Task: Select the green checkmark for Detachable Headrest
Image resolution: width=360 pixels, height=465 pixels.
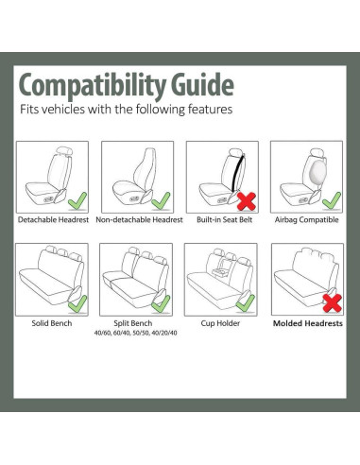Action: pos(77,201)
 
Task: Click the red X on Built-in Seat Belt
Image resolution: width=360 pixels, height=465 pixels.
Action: pos(247,201)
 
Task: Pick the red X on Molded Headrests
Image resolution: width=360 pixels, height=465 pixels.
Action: pos(333,303)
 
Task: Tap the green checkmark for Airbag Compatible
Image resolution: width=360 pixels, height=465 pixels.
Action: pos(332,200)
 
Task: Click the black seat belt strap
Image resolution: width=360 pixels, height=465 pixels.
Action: pos(238,173)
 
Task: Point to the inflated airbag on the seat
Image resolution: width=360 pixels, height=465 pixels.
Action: pos(317,172)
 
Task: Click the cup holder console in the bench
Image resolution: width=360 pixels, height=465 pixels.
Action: pos(222,272)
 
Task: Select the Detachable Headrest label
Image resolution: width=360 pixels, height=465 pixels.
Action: pos(53,219)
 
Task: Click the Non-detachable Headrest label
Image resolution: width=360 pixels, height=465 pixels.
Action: pos(139,219)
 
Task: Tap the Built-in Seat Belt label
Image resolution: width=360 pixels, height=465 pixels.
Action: pos(224,219)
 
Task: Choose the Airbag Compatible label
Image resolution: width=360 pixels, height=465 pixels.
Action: pos(306,220)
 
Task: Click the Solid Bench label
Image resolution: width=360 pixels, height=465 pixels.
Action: pos(52,323)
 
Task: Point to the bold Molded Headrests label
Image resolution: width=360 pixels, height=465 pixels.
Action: pos(308,323)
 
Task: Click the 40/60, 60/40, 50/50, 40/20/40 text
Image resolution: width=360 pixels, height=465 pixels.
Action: pos(135,333)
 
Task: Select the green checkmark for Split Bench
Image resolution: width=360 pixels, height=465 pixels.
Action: pos(161,303)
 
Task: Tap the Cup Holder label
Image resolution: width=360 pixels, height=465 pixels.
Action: pos(220,323)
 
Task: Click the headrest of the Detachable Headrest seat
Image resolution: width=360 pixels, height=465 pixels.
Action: pos(64,151)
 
